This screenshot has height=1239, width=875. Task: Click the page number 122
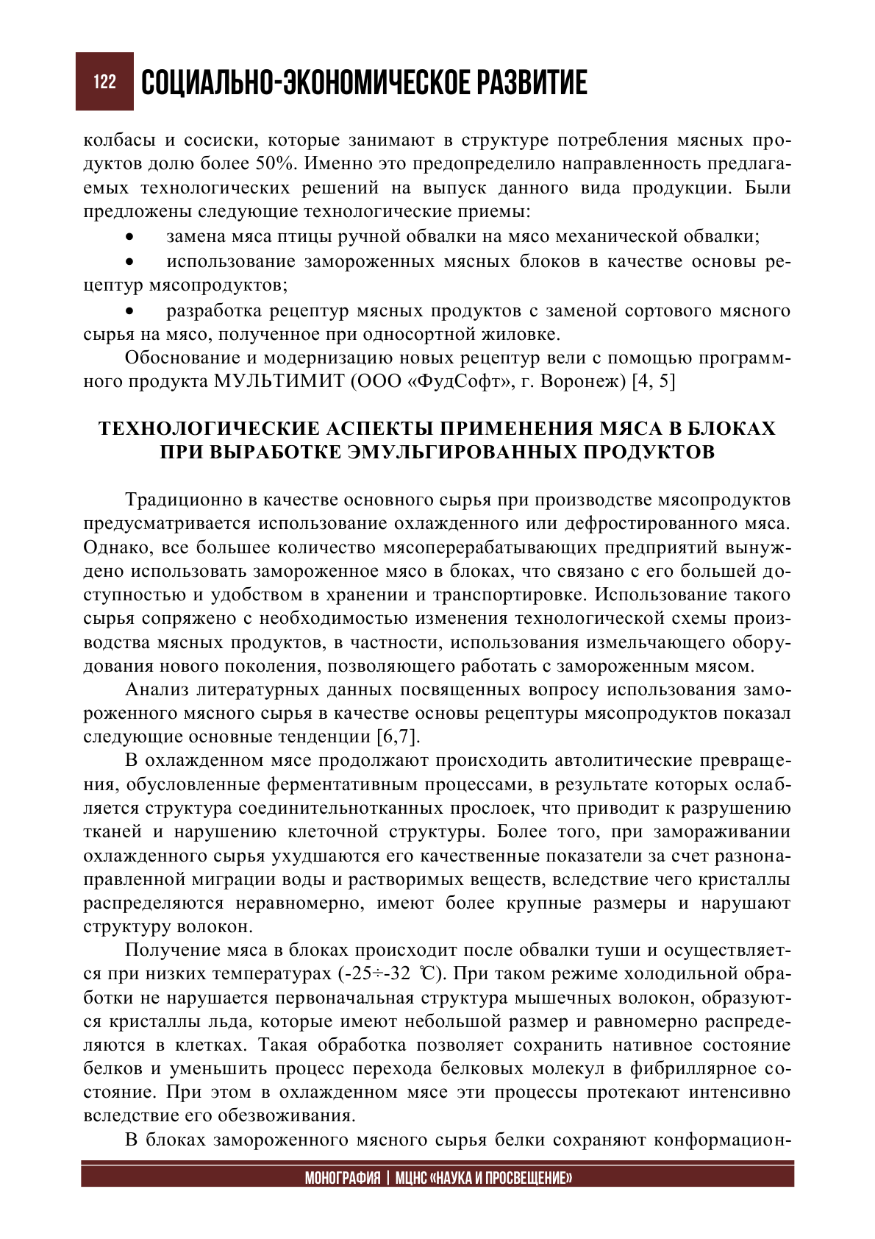[104, 82]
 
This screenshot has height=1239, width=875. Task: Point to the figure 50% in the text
[274, 164]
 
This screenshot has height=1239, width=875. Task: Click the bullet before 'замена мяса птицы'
[130, 238]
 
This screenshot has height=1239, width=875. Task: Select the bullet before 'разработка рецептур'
[130, 312]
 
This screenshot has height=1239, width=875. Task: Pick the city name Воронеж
[588, 382]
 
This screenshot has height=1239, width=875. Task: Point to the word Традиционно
[183, 500]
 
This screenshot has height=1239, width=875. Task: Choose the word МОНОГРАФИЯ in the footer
[343, 1178]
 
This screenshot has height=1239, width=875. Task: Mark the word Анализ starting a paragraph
[157, 690]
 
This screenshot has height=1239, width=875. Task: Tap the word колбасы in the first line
[119, 141]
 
